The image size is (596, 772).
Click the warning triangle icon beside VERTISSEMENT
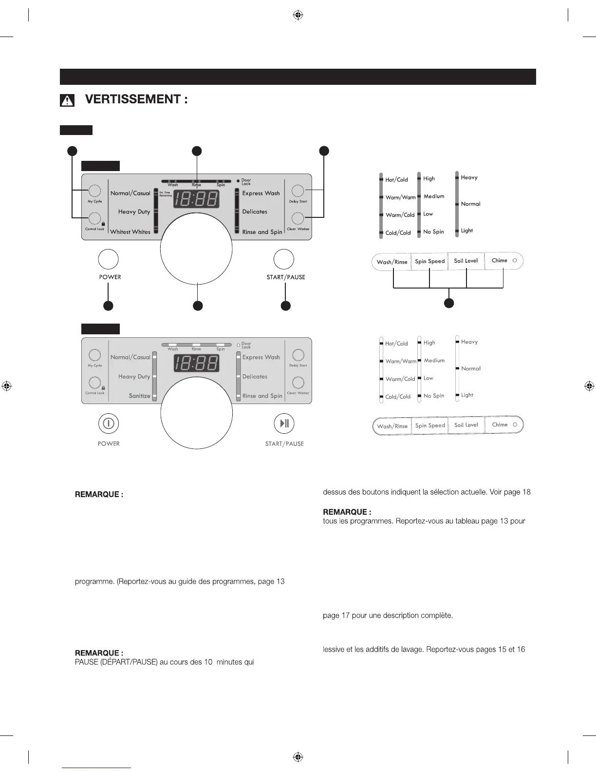coord(67,100)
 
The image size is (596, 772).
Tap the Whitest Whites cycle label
coord(130,232)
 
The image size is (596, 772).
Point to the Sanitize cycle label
coord(139,396)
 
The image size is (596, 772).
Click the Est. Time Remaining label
coord(166,194)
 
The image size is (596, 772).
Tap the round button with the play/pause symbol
coord(284,423)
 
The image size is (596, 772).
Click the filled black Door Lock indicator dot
coord(238,181)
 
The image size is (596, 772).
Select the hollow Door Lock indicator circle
coord(238,345)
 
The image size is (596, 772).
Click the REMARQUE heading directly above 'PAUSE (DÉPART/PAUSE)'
coord(99,653)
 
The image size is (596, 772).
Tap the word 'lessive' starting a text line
coord(333,649)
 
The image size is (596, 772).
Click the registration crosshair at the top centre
coord(298,16)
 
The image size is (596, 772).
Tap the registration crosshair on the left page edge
coord(6,386)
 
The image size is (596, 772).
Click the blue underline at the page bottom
coord(96,768)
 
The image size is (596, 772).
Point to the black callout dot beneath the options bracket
coord(449,303)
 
